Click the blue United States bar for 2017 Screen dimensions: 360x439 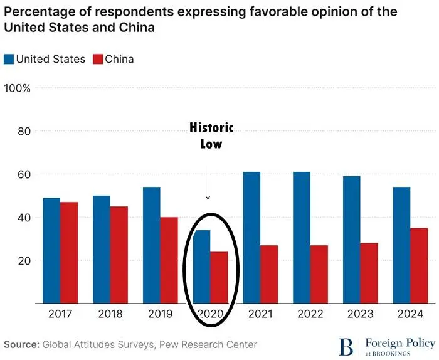[x=51, y=251]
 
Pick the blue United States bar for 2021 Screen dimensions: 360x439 [x=252, y=238]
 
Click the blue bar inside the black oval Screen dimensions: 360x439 [x=201, y=267]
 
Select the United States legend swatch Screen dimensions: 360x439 [x=9, y=60]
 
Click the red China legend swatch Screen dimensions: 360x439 [x=97, y=60]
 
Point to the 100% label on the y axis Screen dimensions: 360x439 [x=18, y=88]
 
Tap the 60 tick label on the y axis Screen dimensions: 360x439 [x=24, y=174]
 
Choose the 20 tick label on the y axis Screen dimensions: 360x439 [x=24, y=261]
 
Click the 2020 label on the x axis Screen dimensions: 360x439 [x=211, y=314]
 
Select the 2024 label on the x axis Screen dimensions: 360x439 [x=411, y=314]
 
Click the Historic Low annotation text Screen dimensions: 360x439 [x=211, y=135]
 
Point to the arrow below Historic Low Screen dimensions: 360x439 [x=208, y=182]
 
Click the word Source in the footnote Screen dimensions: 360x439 [x=21, y=345]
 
